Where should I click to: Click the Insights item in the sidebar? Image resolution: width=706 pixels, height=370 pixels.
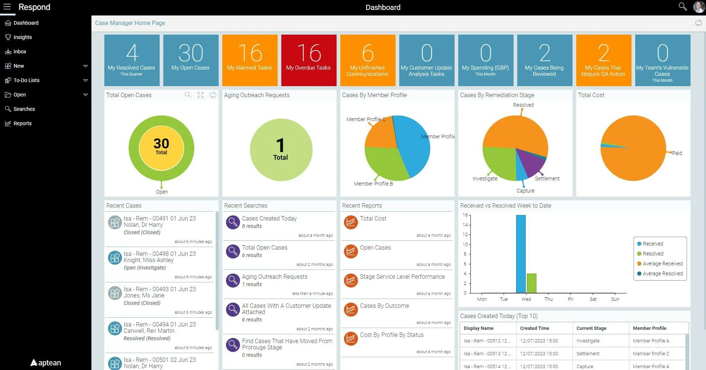click(x=22, y=37)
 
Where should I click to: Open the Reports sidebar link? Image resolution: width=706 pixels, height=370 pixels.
click(x=22, y=123)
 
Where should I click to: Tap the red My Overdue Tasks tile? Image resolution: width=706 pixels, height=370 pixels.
click(x=309, y=60)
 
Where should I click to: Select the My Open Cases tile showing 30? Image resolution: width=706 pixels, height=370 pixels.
click(x=191, y=60)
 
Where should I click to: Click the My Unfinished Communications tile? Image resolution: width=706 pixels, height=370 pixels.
click(x=368, y=60)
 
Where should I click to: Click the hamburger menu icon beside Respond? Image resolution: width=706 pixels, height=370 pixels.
click(x=7, y=7)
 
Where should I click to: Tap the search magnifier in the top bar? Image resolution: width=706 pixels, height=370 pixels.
click(x=682, y=7)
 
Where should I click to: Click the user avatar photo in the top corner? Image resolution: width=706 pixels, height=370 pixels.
click(x=699, y=7)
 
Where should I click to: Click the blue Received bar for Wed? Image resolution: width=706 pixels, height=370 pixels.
click(x=521, y=254)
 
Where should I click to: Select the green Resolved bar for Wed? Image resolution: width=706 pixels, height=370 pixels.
click(x=531, y=283)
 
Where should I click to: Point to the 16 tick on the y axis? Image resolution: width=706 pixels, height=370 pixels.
click(x=465, y=215)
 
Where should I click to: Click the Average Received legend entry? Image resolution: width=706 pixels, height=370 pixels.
click(x=662, y=264)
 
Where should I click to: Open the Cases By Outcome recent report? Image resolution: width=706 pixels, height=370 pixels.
click(x=384, y=306)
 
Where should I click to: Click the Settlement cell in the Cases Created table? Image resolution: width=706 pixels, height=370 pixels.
click(x=588, y=354)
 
